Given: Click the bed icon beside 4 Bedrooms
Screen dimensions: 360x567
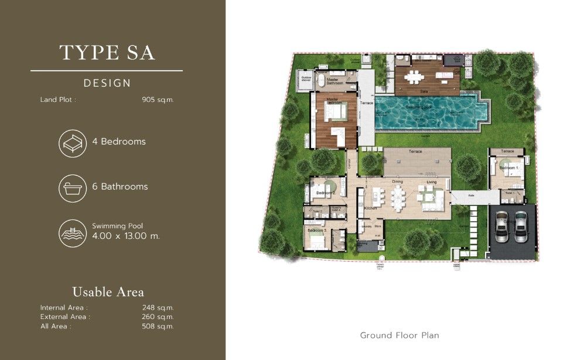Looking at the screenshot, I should click(x=73, y=142).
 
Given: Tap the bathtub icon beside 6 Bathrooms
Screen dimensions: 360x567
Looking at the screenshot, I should click(x=73, y=187).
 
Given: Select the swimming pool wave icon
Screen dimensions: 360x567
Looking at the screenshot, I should click(x=73, y=232).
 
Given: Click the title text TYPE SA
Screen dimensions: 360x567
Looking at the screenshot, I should click(x=107, y=52).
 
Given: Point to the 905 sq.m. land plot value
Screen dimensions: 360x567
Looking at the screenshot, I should click(x=158, y=100).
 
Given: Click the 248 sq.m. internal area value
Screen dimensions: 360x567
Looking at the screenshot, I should click(x=158, y=307).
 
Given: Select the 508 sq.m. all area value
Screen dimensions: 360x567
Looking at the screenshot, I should click(x=158, y=326).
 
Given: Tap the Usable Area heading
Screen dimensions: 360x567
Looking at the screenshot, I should click(x=108, y=292).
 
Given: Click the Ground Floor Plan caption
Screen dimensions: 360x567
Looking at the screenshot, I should click(x=399, y=335).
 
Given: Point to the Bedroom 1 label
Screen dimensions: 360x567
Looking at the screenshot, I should click(x=508, y=168).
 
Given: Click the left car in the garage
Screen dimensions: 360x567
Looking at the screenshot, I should click(x=502, y=227).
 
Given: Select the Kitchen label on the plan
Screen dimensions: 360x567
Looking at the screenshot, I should click(x=370, y=208).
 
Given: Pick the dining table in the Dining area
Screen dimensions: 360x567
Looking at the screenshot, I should click(x=398, y=198).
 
